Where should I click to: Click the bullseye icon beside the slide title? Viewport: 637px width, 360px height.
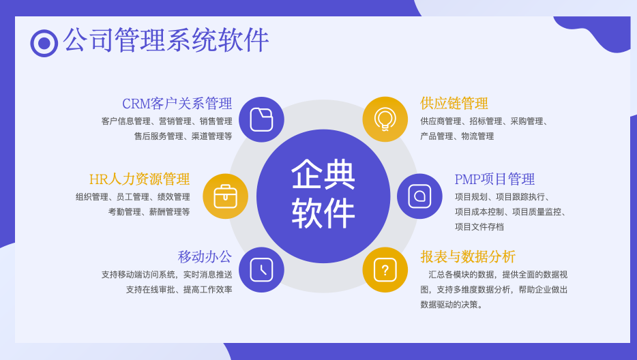[44, 43]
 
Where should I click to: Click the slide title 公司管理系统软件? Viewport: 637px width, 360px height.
[166, 40]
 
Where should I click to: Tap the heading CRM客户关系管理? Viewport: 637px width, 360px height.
[177, 104]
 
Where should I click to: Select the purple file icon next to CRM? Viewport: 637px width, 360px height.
[261, 119]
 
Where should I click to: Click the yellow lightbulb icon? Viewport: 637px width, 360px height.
[385, 119]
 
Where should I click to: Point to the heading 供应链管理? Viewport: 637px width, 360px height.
[454, 104]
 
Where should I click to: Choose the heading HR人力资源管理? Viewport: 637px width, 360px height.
[139, 179]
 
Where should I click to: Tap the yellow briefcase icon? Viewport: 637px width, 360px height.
[226, 196]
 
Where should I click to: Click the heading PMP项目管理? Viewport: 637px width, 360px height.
[495, 179]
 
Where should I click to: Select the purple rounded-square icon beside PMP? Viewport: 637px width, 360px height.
[419, 196]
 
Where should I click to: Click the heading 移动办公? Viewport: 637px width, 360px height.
[205, 257]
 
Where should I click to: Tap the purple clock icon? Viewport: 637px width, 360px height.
[261, 270]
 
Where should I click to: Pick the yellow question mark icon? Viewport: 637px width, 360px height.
[385, 270]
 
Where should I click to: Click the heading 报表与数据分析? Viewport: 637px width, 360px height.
[468, 257]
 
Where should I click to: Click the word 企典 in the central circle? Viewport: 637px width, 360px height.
[323, 175]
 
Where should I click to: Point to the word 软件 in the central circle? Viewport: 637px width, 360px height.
[323, 213]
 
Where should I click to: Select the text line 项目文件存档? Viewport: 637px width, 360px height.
[479, 227]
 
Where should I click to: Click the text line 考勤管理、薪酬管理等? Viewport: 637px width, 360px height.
[149, 211]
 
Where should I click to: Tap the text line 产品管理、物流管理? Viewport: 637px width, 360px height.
[457, 136]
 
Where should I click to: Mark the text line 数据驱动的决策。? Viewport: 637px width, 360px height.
[451, 304]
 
